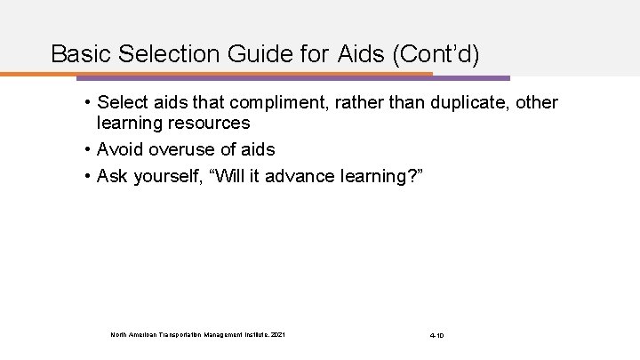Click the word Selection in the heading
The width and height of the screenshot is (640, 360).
tap(172, 54)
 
